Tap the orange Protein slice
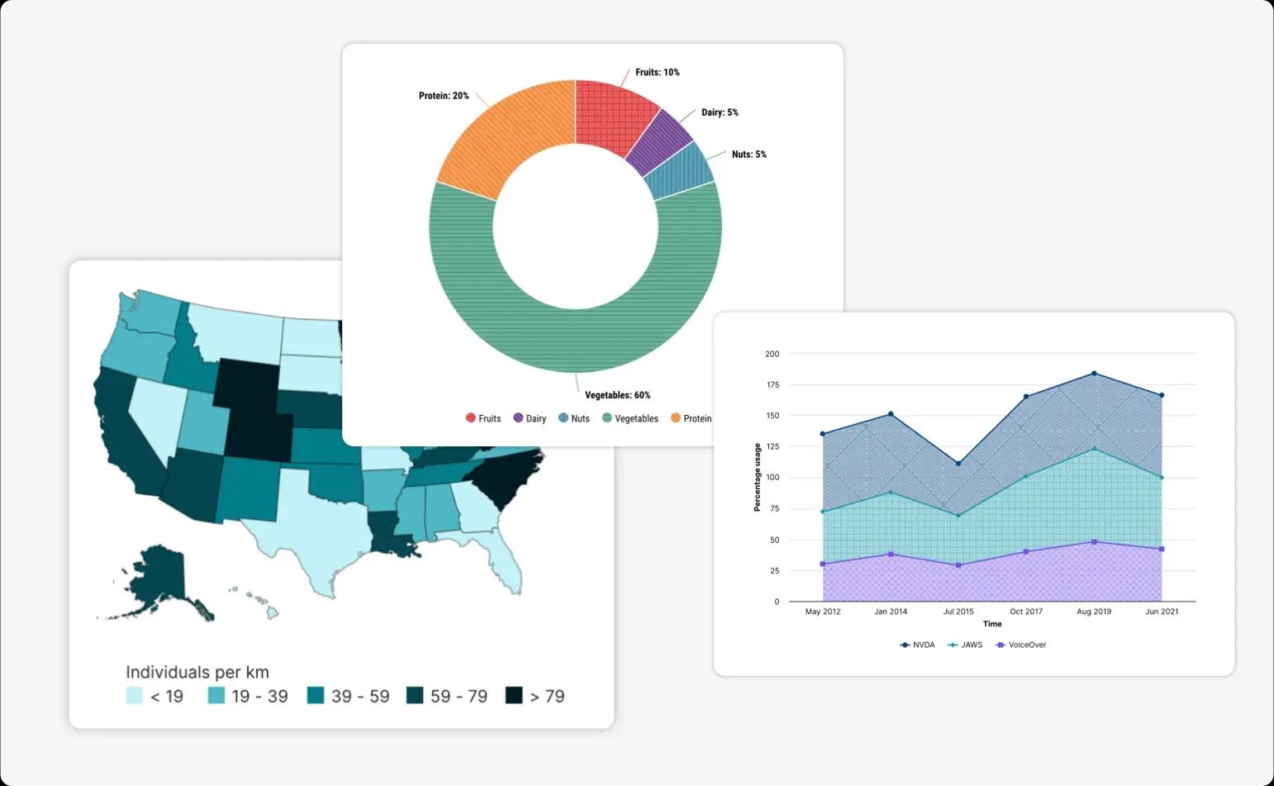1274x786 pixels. point(510,139)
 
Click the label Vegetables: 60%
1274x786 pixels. point(617,395)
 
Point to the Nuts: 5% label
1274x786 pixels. point(749,155)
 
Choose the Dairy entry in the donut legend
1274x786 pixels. point(530,418)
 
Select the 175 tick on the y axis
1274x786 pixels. point(772,385)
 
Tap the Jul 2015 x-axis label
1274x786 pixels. point(958,612)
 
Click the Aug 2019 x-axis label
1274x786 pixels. point(1094,612)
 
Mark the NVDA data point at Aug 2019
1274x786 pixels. point(1094,374)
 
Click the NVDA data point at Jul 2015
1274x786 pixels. point(958,464)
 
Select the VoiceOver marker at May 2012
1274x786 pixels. point(823,564)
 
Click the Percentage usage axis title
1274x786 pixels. point(757,477)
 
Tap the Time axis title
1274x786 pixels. point(992,624)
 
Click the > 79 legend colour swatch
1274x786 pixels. point(514,696)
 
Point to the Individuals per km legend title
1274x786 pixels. point(197,672)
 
